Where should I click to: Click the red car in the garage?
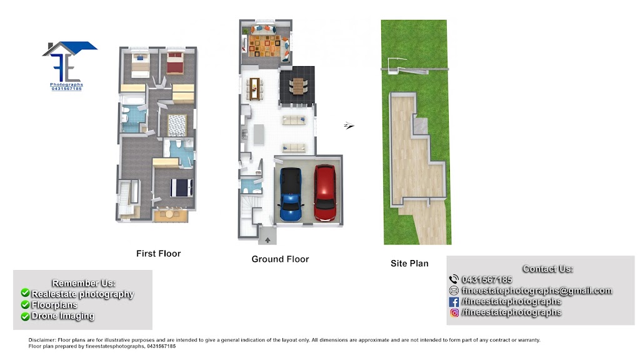coord(325,192)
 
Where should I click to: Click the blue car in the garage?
coord(291,194)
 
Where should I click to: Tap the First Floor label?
coord(158,254)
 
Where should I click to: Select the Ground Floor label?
coord(280,259)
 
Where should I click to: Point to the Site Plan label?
coord(409,263)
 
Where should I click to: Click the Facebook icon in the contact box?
coord(454,302)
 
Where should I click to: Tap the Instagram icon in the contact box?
coord(454,312)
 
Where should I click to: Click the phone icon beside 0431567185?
coord(454,279)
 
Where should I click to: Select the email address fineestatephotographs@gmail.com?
coord(537,291)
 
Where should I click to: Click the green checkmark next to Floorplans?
coord(25,304)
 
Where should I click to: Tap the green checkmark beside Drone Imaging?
coord(25,316)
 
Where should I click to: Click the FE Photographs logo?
coord(68,66)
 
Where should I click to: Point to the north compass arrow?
coord(349,125)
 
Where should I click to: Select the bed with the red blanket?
coord(175,63)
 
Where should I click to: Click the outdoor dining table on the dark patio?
coord(298,86)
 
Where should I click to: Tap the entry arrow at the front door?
coord(267,240)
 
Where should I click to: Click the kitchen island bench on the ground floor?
coord(258,135)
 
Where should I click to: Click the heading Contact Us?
coord(547,269)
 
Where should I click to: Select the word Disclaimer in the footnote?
coord(42,339)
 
